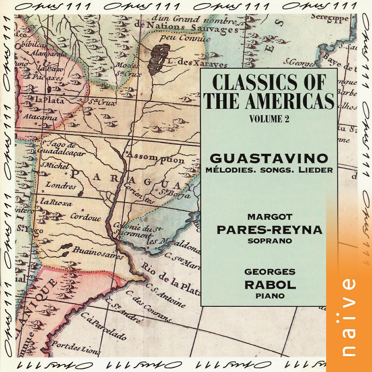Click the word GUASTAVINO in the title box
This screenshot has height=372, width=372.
pyautogui.click(x=269, y=158)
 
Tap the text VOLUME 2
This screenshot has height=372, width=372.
pyautogui.click(x=269, y=119)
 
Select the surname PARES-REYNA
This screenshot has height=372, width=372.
pyautogui.click(x=269, y=229)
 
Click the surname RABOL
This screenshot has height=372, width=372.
pyautogui.click(x=270, y=285)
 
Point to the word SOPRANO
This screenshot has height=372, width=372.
pyautogui.click(x=270, y=241)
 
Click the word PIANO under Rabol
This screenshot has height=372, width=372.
pyautogui.click(x=270, y=296)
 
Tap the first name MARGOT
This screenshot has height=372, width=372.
pyautogui.click(x=270, y=217)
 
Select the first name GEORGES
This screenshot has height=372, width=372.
pyautogui.click(x=270, y=272)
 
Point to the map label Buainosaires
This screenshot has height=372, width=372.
pyautogui.click(x=98, y=253)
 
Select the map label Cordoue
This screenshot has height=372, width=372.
pyautogui.click(x=86, y=217)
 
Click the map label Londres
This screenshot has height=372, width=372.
pyautogui.click(x=61, y=185)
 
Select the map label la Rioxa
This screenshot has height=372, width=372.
pyautogui.click(x=56, y=202)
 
